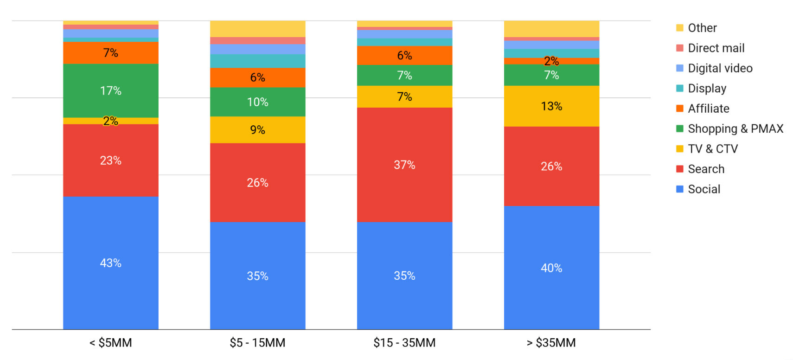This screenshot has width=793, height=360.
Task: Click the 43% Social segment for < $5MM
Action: (x=110, y=263)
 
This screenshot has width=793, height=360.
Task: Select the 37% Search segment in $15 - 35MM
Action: (x=404, y=165)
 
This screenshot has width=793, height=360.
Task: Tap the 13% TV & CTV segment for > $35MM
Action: (x=551, y=106)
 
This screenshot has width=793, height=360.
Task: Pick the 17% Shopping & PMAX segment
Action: (x=110, y=90)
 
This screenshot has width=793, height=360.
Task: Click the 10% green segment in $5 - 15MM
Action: (x=257, y=102)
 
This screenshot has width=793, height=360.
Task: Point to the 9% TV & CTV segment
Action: (x=257, y=130)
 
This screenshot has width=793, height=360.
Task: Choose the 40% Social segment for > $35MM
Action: (x=551, y=268)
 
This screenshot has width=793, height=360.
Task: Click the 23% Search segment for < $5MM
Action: (x=110, y=161)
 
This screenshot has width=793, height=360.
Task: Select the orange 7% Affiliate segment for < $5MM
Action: (x=110, y=53)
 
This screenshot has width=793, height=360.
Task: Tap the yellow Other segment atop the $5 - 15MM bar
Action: (x=257, y=29)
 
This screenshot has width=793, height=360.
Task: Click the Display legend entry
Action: (x=707, y=88)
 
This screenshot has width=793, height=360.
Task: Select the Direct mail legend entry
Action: (x=716, y=48)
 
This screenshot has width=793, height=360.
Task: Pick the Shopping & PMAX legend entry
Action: (x=735, y=129)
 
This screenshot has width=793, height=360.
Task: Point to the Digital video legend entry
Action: (x=720, y=68)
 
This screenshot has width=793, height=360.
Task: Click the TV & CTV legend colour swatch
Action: (x=680, y=149)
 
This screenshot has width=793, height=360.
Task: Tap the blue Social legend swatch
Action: (x=680, y=189)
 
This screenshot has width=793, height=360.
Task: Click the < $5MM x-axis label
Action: (x=110, y=343)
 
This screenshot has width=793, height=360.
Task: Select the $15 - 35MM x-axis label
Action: (x=404, y=343)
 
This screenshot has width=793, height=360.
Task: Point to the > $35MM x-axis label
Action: (x=551, y=343)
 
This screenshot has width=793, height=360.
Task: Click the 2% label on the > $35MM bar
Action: (x=551, y=61)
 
